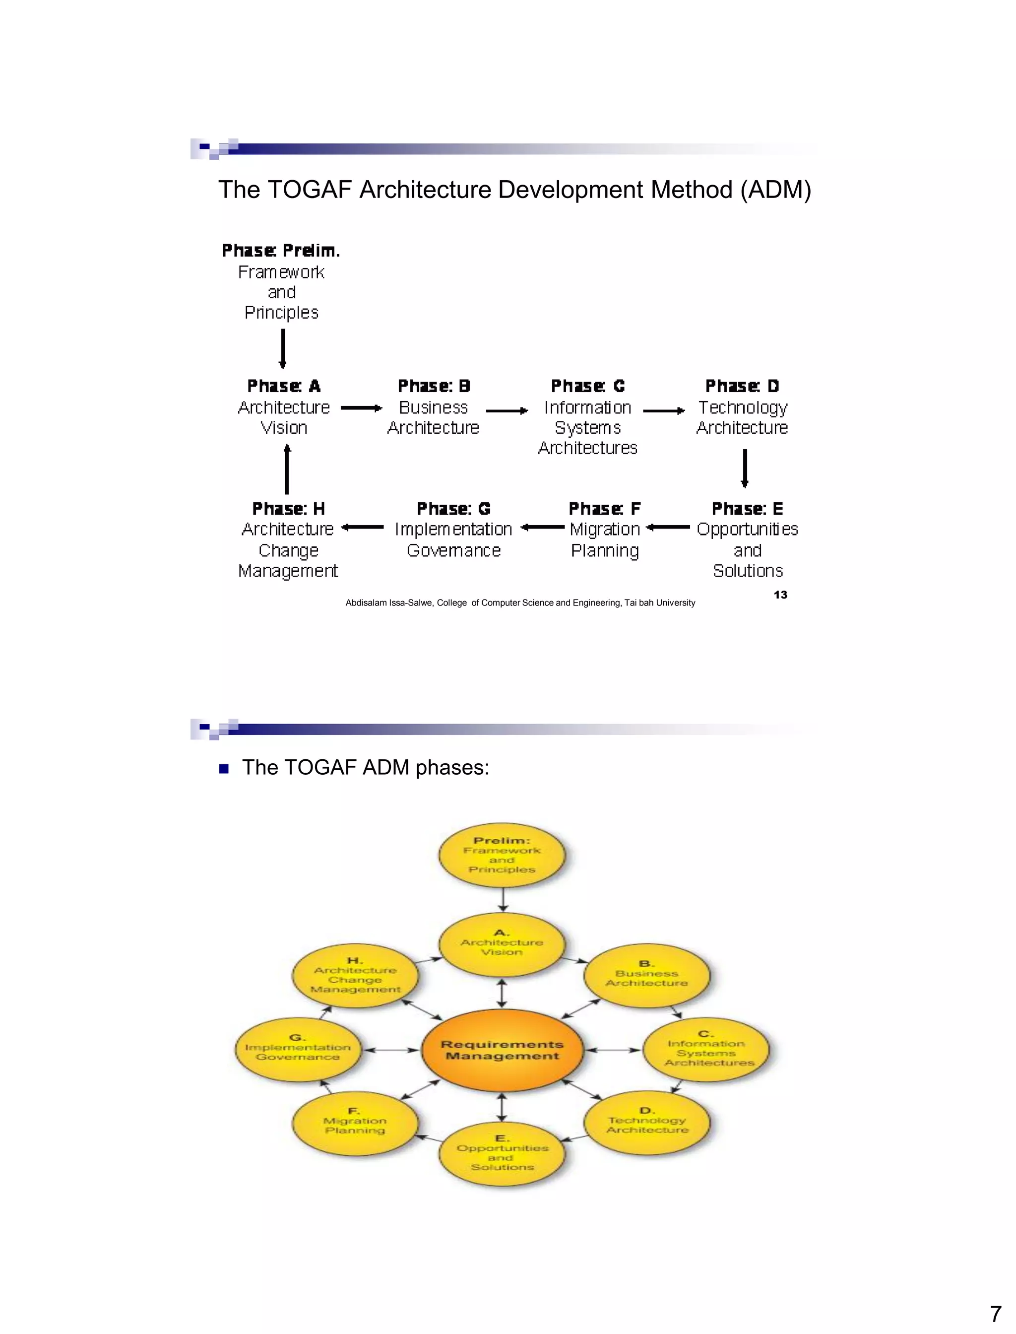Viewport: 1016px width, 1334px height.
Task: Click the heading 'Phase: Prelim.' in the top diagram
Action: point(281,251)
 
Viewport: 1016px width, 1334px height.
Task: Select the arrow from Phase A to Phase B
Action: point(361,408)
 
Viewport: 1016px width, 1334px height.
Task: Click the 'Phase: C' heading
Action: point(588,386)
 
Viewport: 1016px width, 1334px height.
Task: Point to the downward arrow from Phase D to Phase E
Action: point(745,468)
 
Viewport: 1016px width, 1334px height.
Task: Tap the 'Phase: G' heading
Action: point(453,509)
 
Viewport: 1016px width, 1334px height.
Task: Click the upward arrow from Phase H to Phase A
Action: point(287,469)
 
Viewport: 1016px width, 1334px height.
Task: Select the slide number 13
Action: point(780,595)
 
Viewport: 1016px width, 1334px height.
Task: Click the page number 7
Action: point(995,1315)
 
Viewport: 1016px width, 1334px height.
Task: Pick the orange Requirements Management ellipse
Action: point(502,1050)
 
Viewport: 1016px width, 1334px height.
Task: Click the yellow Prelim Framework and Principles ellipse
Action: point(502,855)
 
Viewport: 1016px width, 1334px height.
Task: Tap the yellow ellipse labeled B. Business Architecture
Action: point(646,975)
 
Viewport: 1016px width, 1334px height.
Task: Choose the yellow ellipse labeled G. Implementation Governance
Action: point(298,1051)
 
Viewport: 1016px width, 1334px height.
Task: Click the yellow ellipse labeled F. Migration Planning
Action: point(355,1124)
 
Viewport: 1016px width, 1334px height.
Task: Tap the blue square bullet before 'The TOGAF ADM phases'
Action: point(224,769)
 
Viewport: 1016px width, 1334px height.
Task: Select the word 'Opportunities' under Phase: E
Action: point(747,530)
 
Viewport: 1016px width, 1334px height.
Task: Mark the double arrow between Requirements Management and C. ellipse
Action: point(613,1050)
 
